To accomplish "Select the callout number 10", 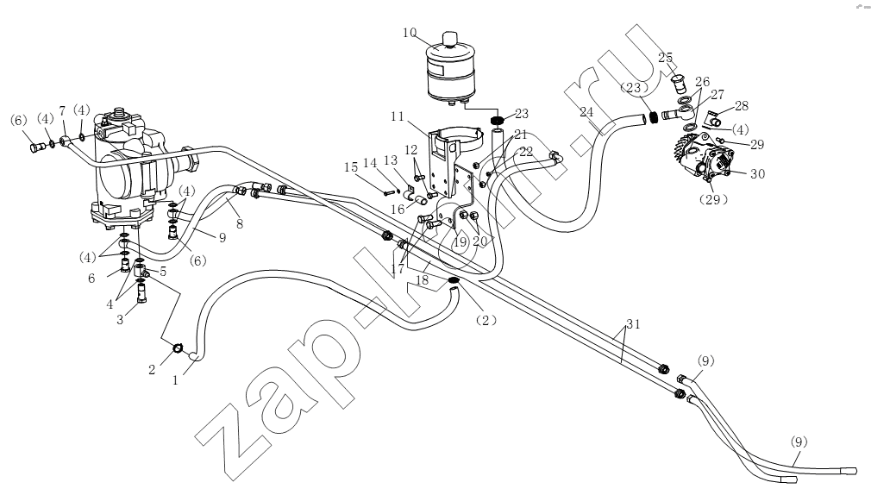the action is pyautogui.click(x=410, y=33).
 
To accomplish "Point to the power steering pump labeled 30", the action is pyautogui.click(x=705, y=158).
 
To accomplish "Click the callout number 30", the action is pyautogui.click(x=757, y=174).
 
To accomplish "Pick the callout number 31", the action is pyautogui.click(x=633, y=324).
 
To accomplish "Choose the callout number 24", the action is pyautogui.click(x=586, y=112).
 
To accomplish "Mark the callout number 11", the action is pyautogui.click(x=398, y=116).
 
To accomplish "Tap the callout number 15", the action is pyautogui.click(x=350, y=167).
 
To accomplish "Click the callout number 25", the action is pyautogui.click(x=666, y=57).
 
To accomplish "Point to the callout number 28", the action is pyautogui.click(x=742, y=105).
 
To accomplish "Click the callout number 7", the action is pyautogui.click(x=62, y=110).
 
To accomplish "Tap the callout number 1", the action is pyautogui.click(x=176, y=380).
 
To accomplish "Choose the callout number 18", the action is pyautogui.click(x=423, y=280).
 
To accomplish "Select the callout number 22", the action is pyautogui.click(x=525, y=151).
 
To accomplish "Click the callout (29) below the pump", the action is pyautogui.click(x=712, y=199).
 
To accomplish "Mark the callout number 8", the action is pyautogui.click(x=240, y=224).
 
